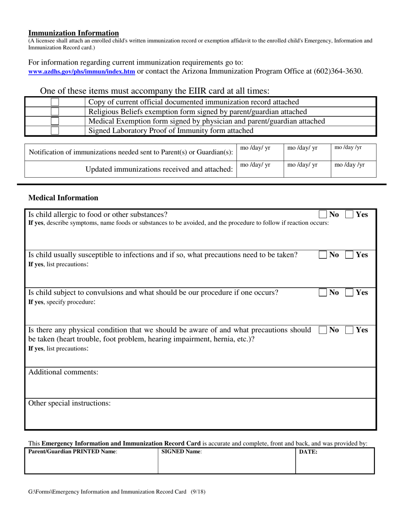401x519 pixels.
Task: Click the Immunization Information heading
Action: [x=73, y=33]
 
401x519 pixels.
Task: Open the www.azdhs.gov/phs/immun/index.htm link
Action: [x=81, y=72]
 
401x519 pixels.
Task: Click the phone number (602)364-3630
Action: [x=338, y=71]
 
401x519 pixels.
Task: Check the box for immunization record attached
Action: [x=55, y=102]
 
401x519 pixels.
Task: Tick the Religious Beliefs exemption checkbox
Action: [x=55, y=112]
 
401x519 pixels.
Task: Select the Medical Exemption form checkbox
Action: [x=55, y=121]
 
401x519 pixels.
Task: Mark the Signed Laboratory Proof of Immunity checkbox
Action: [x=55, y=131]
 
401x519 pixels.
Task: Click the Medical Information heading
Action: [x=63, y=198]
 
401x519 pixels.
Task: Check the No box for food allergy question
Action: [x=323, y=214]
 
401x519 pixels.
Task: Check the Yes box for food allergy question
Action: [x=350, y=214]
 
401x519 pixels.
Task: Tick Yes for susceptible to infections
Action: [x=350, y=255]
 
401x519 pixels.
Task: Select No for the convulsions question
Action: [x=323, y=292]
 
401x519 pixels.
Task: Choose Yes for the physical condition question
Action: [x=350, y=330]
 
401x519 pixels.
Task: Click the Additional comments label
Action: [x=63, y=372]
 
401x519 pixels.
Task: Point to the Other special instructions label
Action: [x=69, y=403]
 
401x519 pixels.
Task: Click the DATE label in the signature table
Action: [x=308, y=452]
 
